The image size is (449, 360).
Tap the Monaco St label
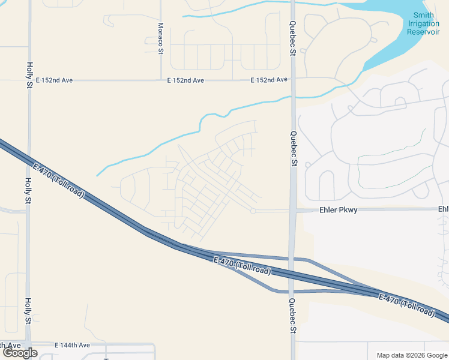pos(160,39)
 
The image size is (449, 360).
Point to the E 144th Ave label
pos(72,345)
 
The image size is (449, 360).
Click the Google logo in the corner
pos(20,353)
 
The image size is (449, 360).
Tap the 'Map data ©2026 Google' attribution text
pos(411,355)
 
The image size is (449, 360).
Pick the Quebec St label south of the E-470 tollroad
pos(292,316)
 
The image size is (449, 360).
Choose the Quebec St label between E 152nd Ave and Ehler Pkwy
pos(293,148)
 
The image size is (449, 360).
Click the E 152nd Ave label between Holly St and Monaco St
pos(54,80)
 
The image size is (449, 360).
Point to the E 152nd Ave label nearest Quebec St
pos(268,80)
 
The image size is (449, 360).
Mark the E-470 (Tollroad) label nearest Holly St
pos(59,181)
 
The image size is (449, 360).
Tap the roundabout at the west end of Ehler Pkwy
pos(254,211)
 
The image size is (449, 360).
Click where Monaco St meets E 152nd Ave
pos(160,79)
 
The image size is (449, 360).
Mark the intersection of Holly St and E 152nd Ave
pos(29,80)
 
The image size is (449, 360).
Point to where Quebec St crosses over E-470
pos(292,275)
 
